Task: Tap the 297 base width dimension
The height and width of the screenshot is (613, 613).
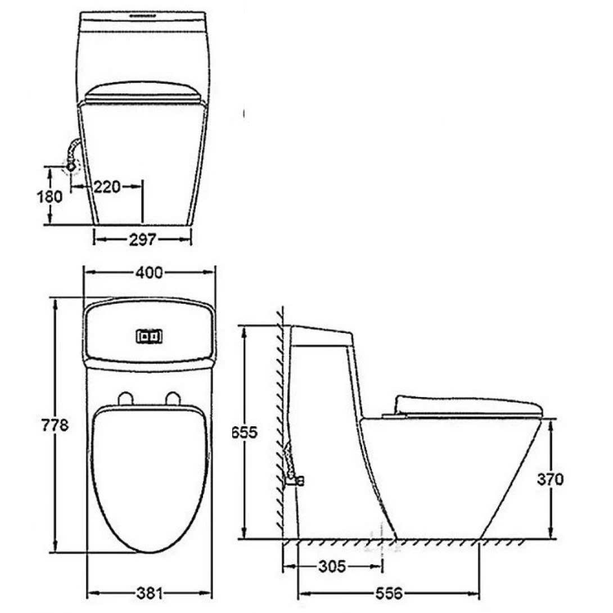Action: coord(142,240)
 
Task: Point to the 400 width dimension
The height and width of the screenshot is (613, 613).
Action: coord(149,273)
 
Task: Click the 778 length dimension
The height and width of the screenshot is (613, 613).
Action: coord(55,425)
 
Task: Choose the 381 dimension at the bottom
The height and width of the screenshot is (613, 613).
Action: coord(149,593)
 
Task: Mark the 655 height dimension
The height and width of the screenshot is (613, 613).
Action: coord(244,432)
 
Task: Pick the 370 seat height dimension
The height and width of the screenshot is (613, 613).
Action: coord(550,479)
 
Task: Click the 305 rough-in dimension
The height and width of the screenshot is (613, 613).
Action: coord(332,566)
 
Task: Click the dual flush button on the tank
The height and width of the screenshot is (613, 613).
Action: coord(149,336)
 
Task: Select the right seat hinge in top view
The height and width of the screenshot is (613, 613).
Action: coord(173,399)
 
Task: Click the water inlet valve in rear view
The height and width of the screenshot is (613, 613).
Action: coord(71,166)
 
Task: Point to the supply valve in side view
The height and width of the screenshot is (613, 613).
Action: coord(293,479)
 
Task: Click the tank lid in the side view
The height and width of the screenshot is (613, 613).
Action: coord(322,336)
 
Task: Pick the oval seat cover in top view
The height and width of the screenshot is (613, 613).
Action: coord(149,478)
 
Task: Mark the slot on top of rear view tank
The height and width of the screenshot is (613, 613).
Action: coord(143,16)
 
